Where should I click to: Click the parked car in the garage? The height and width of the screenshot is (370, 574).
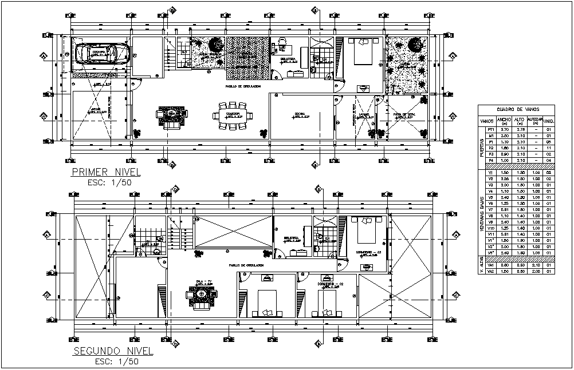tap(97, 54)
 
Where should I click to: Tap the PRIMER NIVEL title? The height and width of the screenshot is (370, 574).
tap(106, 172)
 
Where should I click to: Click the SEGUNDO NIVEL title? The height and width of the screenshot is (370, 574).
tap(112, 350)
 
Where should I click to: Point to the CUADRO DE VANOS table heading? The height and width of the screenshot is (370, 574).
tap(517, 110)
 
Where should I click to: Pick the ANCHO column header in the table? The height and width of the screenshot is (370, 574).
tap(505, 121)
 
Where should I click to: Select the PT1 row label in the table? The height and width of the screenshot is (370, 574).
tap(490, 130)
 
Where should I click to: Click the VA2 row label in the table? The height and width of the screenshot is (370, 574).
tap(490, 272)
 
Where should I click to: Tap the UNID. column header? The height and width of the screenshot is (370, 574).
tap(548, 121)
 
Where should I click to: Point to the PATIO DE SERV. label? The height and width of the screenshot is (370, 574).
tap(404, 114)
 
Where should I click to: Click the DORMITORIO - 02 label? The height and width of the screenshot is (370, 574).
tap(326, 284)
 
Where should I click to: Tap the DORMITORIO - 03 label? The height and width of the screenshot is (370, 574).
tap(367, 252)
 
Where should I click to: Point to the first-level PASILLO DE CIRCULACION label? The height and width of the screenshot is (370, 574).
tap(243, 86)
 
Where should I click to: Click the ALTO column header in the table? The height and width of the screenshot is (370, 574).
tap(520, 121)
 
